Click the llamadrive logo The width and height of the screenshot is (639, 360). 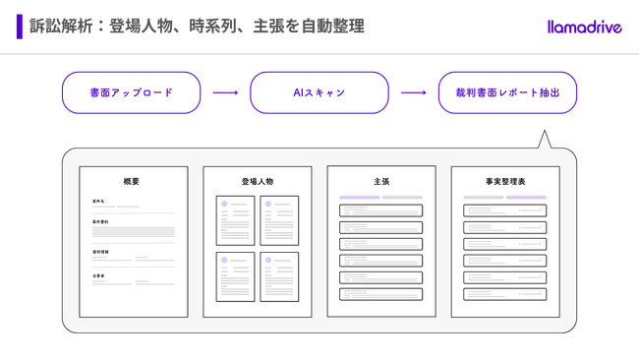584,27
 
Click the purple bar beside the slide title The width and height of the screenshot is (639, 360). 19,27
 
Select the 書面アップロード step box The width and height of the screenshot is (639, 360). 131,92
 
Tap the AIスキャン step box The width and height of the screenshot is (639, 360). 319,92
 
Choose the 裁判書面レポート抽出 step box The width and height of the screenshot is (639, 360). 507,92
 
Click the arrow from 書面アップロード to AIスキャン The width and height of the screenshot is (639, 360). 225,92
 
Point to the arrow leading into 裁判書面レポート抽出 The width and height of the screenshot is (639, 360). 414,92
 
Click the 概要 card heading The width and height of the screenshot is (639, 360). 132,182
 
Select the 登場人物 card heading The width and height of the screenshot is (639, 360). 258,182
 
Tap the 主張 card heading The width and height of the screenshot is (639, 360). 381,182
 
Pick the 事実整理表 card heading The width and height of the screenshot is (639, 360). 505,182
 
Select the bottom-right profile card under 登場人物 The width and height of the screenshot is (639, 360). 280,276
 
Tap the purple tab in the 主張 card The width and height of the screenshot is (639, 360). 360,198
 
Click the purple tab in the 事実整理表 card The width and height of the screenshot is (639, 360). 526,198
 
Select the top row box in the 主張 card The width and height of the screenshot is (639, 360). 381,210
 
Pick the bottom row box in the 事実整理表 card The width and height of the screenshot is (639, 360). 505,294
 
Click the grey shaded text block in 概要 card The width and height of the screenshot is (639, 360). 134,233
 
